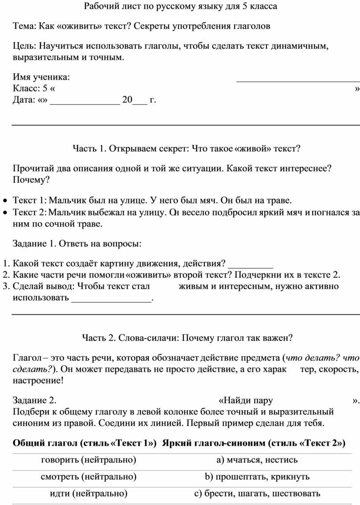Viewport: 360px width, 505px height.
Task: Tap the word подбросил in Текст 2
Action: [x=232, y=213]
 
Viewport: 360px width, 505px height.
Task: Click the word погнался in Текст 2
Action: [x=331, y=213]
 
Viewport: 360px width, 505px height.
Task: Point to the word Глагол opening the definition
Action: [x=27, y=358]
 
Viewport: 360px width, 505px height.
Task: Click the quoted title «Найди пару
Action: [x=246, y=401]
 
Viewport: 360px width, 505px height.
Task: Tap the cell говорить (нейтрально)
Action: [x=88, y=460]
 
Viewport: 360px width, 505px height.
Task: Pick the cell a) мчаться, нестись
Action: [x=257, y=460]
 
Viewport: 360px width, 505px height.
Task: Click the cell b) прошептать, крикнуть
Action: [x=257, y=477]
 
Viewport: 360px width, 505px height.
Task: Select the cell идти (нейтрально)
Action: [x=88, y=494]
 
